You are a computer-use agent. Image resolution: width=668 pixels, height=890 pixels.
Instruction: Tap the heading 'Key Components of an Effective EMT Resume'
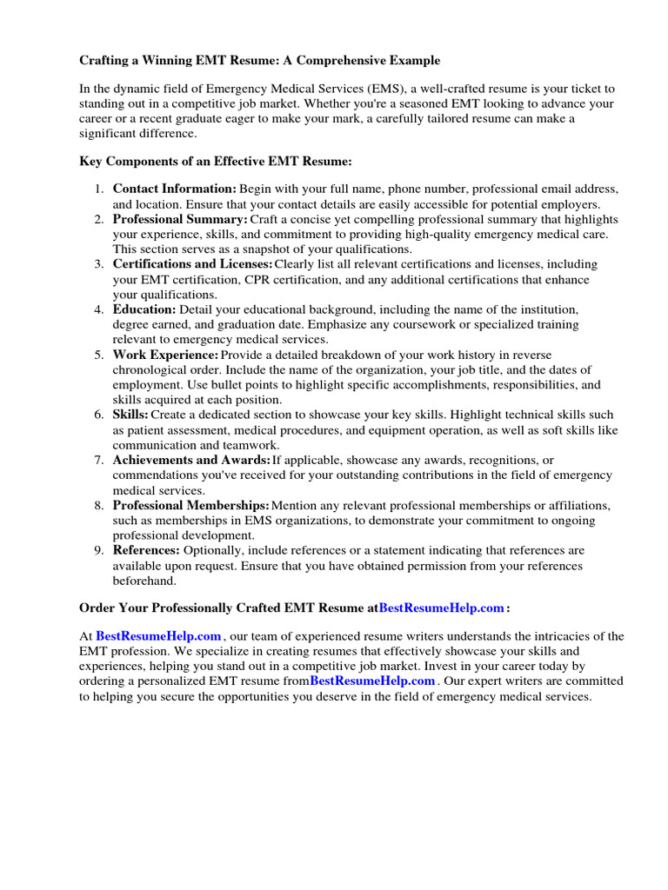tap(216, 162)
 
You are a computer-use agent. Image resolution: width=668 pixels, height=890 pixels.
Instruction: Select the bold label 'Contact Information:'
tap(174, 189)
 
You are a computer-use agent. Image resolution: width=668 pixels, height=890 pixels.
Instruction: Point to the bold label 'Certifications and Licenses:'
tap(192, 264)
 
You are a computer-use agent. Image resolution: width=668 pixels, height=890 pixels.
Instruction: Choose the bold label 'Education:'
tap(144, 309)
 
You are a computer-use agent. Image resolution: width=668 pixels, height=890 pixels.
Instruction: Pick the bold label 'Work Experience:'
tap(165, 355)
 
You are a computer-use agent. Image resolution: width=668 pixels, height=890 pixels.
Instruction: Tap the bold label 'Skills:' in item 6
tap(130, 415)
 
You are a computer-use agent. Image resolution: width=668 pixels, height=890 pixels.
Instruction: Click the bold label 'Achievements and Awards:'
tap(191, 460)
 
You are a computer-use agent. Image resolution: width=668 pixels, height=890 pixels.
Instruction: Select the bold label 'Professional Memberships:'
tap(190, 505)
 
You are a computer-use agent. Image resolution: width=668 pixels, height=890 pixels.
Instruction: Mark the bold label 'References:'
tap(146, 550)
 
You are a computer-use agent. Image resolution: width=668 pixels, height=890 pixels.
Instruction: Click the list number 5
tap(99, 355)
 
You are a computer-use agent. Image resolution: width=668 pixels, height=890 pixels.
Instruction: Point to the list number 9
tap(99, 550)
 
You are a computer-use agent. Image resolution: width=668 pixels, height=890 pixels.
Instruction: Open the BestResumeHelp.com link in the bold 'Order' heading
tap(442, 608)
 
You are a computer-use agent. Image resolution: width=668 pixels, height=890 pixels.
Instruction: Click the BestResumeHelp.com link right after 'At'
tap(158, 636)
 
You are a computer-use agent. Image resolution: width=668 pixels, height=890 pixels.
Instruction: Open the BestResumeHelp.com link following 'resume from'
tap(372, 681)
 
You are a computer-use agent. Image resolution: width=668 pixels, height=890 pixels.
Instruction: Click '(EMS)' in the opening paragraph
tap(384, 90)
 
